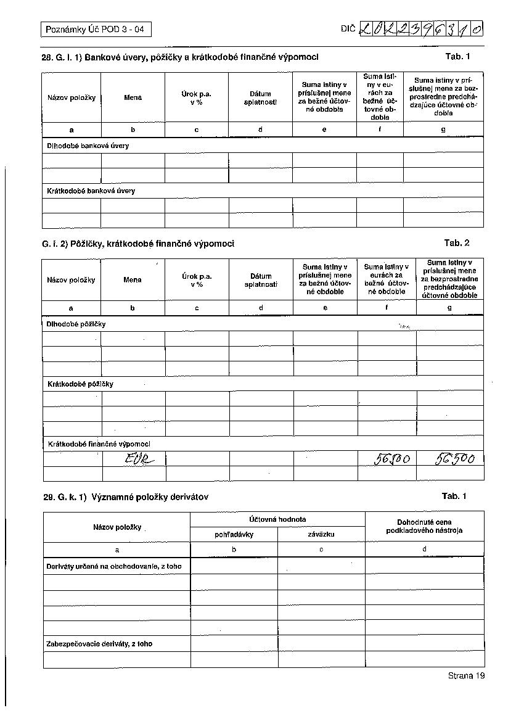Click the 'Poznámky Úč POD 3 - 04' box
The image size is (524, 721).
point(95,29)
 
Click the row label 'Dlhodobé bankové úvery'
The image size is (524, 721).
point(88,146)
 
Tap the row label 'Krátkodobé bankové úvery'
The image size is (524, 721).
point(91,191)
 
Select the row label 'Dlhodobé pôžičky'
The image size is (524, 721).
point(76,324)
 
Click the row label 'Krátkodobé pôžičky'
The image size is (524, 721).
point(80,384)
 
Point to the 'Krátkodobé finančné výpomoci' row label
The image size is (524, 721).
point(99,443)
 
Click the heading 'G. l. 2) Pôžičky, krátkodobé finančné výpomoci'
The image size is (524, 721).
point(138,244)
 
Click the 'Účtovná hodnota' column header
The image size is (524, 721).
point(277,519)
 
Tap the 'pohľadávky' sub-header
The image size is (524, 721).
point(234,535)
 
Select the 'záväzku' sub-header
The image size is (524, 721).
point(321,535)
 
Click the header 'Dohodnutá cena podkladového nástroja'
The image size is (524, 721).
point(424,526)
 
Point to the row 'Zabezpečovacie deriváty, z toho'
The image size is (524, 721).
point(99,644)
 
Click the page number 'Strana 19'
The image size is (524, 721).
point(467,675)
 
